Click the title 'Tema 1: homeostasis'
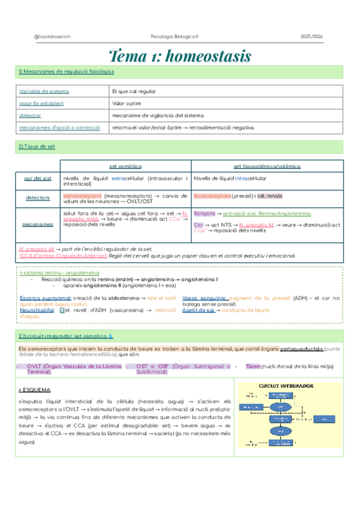tap(179, 56)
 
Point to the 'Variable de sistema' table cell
tap(44, 91)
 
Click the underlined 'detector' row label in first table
tap(30, 115)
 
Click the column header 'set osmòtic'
tap(125, 166)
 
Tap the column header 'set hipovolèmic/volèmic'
tap(267, 166)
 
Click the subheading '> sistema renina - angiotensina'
tap(52, 272)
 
